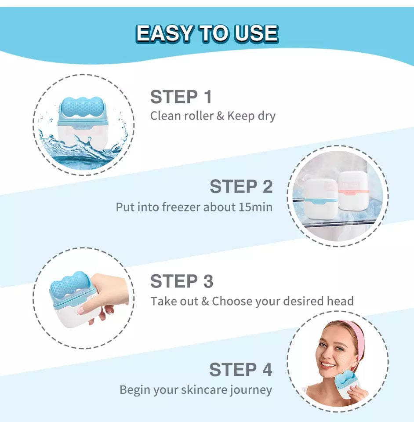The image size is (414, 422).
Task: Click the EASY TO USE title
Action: [207, 33]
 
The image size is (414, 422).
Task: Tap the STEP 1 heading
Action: [181, 97]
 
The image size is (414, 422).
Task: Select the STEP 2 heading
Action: [241, 186]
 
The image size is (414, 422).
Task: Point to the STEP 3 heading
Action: [182, 281]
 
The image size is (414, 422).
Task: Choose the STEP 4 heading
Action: [240, 370]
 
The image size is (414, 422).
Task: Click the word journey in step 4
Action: [252, 390]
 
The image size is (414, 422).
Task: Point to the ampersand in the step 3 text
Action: [205, 302]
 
